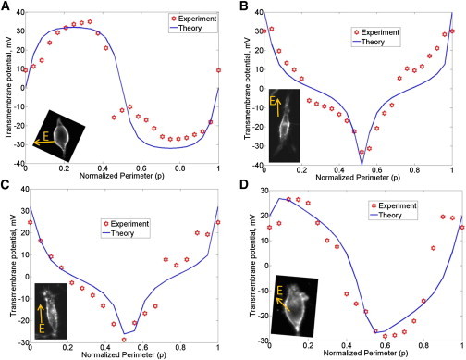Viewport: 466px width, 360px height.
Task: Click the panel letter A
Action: pos(6,6)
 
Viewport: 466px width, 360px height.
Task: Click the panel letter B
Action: pos(240,6)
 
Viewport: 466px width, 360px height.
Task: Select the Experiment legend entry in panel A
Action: pos(196,18)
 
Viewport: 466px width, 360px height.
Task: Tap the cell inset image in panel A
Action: pos(57,136)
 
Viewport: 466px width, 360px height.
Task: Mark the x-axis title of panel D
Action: pos(357,355)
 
